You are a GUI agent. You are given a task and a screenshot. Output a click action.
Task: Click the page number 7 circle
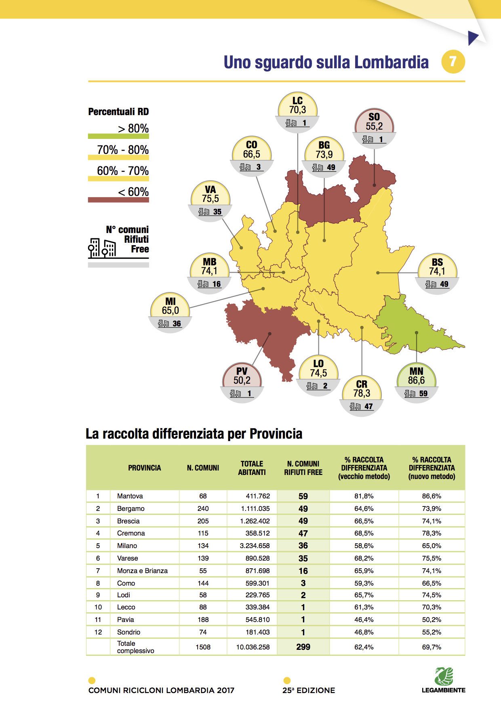click(453, 62)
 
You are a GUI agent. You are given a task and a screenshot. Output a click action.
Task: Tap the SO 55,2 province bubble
click(374, 127)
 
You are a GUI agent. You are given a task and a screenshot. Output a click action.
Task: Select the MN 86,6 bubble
click(416, 381)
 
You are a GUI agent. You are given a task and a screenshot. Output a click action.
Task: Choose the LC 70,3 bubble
click(297, 111)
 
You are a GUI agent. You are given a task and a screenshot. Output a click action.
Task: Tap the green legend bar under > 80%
click(118, 137)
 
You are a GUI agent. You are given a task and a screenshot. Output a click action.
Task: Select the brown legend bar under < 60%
click(118, 200)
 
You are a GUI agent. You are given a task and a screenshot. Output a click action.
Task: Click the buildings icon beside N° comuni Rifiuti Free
click(102, 248)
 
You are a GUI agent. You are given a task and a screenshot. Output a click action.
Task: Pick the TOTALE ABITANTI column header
click(252, 468)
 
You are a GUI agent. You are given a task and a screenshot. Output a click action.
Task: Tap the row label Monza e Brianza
click(142, 571)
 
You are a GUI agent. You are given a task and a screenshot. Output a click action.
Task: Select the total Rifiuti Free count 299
click(303, 647)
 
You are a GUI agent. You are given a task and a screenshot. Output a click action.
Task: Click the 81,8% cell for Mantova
click(364, 496)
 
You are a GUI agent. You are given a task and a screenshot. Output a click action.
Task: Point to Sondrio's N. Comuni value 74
click(203, 632)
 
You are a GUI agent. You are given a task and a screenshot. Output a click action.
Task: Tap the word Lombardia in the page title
click(391, 63)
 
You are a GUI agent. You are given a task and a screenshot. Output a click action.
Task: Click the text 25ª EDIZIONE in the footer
click(309, 690)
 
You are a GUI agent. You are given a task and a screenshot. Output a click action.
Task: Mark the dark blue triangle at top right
click(473, 38)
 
